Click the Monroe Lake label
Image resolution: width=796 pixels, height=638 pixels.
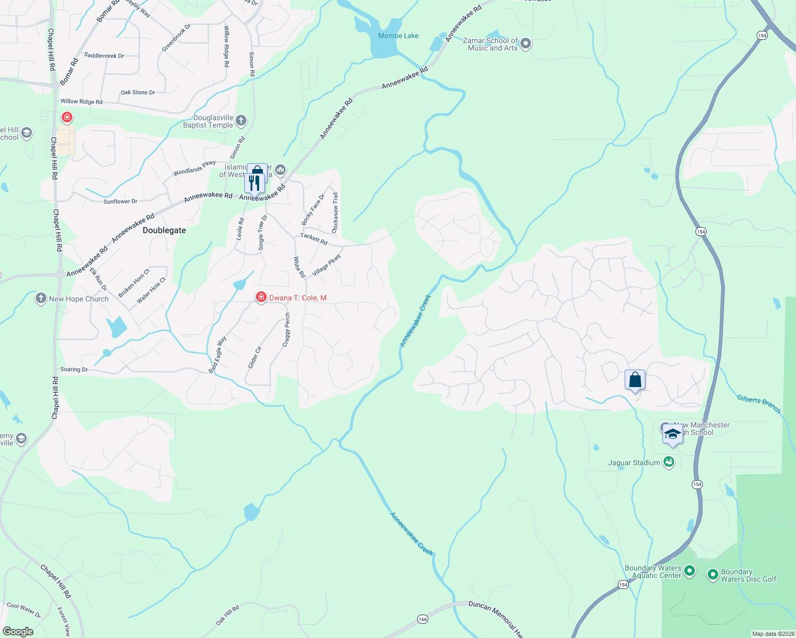coord(398,36)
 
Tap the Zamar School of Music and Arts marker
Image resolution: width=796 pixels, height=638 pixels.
coord(526,44)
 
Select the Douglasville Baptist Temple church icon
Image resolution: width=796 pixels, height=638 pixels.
coord(241,121)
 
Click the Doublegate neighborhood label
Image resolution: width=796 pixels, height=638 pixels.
coord(164,230)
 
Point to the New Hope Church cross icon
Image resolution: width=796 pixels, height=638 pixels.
coord(41,298)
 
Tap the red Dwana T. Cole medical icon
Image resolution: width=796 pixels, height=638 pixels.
coord(261,297)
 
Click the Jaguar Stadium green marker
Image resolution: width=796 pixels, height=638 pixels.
coord(669,462)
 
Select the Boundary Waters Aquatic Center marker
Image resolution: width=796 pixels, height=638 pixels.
coord(690,571)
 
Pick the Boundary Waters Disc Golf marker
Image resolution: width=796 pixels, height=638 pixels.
coord(713,575)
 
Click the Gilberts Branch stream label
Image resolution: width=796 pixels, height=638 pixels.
coord(759,404)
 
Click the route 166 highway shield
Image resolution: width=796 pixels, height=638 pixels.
coord(422,619)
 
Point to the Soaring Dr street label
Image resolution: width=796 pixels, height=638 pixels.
coord(74,369)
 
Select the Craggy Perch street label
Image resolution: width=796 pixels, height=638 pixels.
coord(287,330)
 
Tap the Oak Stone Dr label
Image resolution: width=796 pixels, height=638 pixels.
coord(138,93)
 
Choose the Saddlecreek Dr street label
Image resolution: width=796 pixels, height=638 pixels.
coord(104,55)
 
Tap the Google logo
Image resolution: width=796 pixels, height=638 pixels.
coord(18,632)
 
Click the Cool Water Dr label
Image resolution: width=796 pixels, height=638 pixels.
coord(24,610)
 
